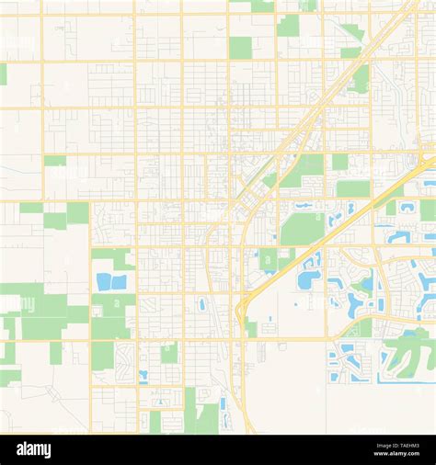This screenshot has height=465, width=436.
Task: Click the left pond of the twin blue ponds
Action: click(103, 282)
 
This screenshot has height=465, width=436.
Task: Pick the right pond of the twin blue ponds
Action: click(119, 282)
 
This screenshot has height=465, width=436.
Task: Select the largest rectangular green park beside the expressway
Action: click(302, 228)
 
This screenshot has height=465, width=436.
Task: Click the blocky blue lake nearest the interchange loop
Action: click(308, 279)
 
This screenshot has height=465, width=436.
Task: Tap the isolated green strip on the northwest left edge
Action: click(3, 74)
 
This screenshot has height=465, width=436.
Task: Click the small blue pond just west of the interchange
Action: click(202, 303)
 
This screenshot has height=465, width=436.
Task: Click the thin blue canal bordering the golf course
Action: click(405, 379)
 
